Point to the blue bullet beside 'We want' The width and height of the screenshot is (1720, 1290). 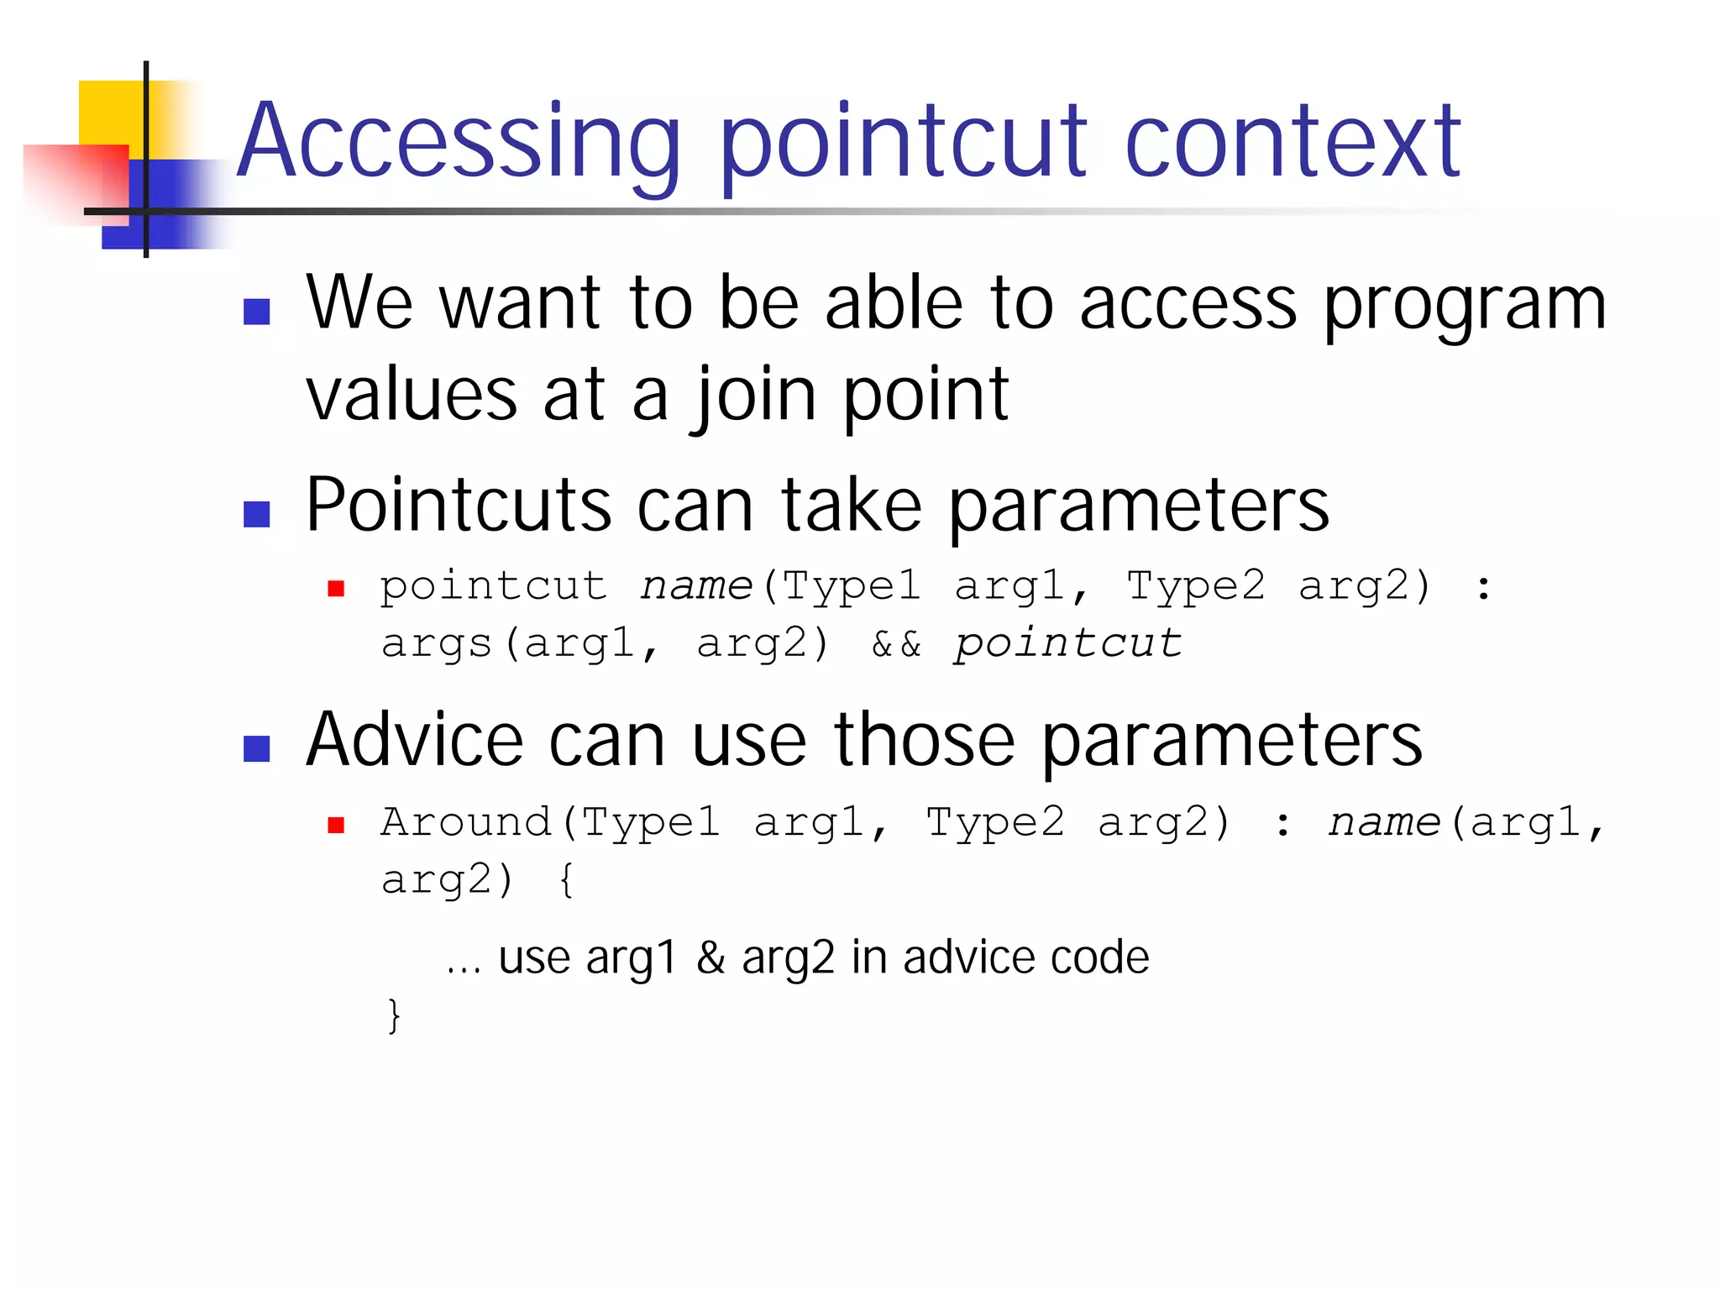click(x=256, y=312)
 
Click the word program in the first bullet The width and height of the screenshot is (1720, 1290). click(x=1465, y=304)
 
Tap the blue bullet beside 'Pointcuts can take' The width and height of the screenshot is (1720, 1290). click(x=256, y=514)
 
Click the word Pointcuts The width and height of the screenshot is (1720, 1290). click(x=458, y=506)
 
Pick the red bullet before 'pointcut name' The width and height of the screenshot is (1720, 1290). click(x=336, y=589)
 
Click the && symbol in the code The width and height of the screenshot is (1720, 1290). click(x=896, y=645)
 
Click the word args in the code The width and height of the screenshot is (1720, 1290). click(x=435, y=645)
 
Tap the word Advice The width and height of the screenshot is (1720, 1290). click(x=414, y=741)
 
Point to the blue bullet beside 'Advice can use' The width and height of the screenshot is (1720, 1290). click(x=256, y=748)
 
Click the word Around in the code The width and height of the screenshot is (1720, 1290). click(x=465, y=822)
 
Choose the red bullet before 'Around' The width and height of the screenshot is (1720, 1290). click(x=336, y=826)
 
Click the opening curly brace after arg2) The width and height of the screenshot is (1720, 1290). click(x=566, y=880)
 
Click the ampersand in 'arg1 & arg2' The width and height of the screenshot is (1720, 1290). click(x=711, y=958)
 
